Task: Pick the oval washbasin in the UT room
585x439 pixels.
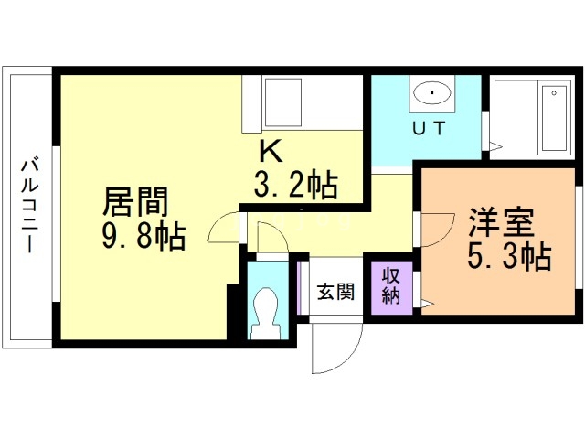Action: tap(431, 93)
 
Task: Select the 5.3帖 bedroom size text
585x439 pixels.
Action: tap(509, 257)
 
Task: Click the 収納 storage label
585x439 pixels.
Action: tap(391, 286)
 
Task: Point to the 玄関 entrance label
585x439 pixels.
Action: tap(335, 293)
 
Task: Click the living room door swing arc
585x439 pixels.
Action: tap(221, 230)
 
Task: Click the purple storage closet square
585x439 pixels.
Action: tap(392, 288)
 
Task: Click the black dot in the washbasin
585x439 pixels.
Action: tap(431, 92)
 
